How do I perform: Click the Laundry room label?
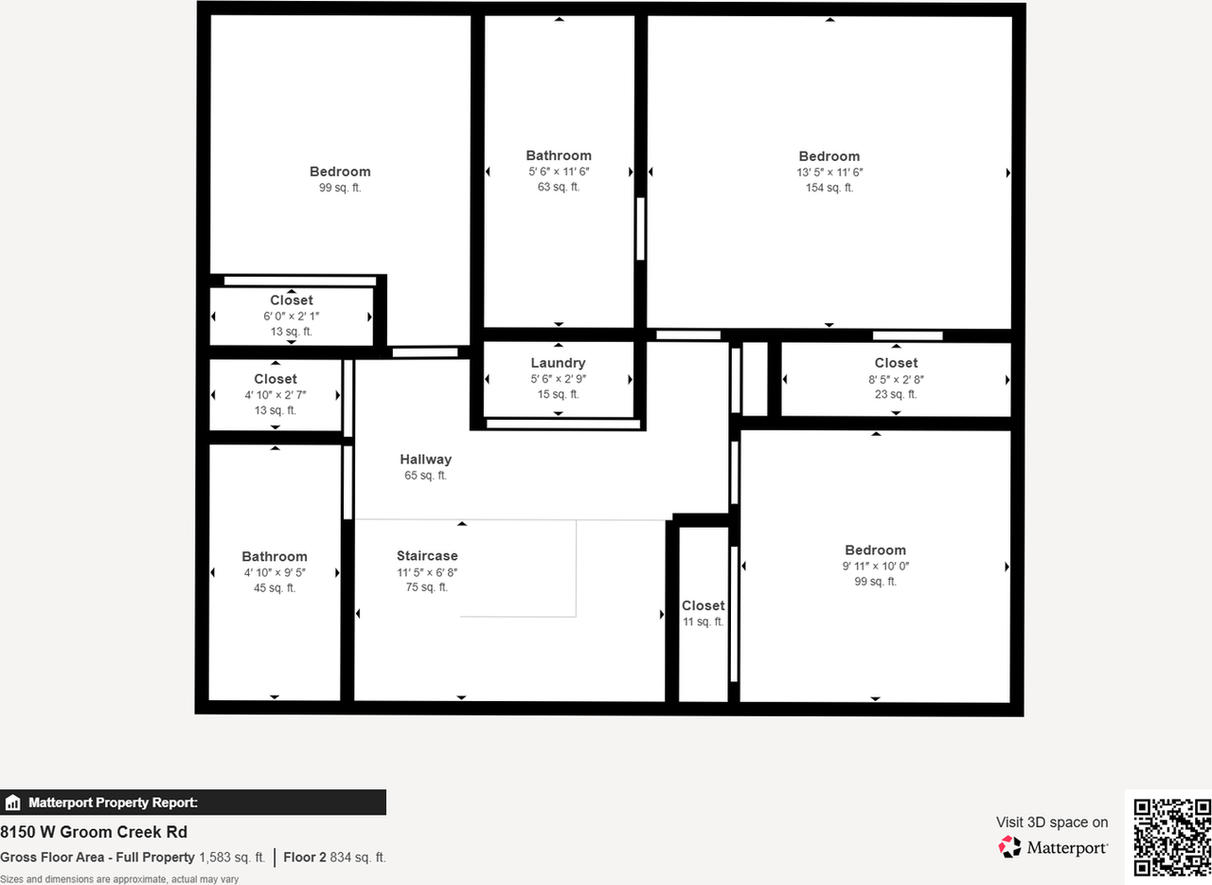[558, 363]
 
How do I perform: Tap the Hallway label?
[425, 460]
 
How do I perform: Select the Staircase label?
[427, 556]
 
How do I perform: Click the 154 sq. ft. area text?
[829, 188]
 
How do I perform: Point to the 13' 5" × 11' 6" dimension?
[829, 172]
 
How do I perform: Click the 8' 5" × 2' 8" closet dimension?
[896, 379]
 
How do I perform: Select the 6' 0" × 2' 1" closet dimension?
[291, 316]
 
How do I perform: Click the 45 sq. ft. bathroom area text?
[274, 587]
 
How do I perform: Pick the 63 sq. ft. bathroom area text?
[559, 187]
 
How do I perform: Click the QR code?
[1172, 837]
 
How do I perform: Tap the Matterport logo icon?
[1010, 846]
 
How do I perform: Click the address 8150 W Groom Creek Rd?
[94, 832]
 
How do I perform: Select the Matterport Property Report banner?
[193, 803]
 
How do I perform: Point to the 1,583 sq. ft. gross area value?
[232, 858]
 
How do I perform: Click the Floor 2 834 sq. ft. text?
[334, 858]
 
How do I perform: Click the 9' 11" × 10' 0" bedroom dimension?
[875, 566]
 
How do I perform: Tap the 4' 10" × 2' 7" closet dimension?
[275, 395]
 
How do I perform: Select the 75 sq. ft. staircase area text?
[427, 587]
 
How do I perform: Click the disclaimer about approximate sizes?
[119, 879]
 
